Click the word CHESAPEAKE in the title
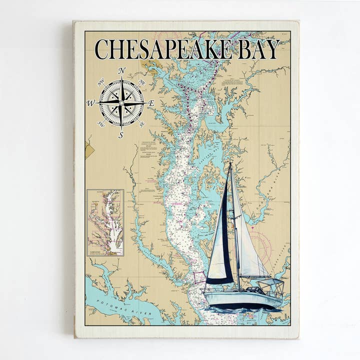pyautogui.click(x=163, y=49)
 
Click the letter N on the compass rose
pyautogui.click(x=121, y=71)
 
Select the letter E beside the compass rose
pyautogui.click(x=151, y=103)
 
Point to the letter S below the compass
pyautogui.click(x=120, y=134)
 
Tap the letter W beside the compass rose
pyautogui.click(x=90, y=103)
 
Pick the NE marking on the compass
pyautogui.click(x=141, y=82)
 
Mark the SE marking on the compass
pyautogui.click(x=141, y=123)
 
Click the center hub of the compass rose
pyautogui.click(x=121, y=102)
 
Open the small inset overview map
pyautogui.click(x=105, y=222)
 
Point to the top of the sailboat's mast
pyautogui.click(x=231, y=163)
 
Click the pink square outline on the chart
pyautogui.click(x=198, y=277)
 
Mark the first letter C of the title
pyautogui.click(x=102, y=49)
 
